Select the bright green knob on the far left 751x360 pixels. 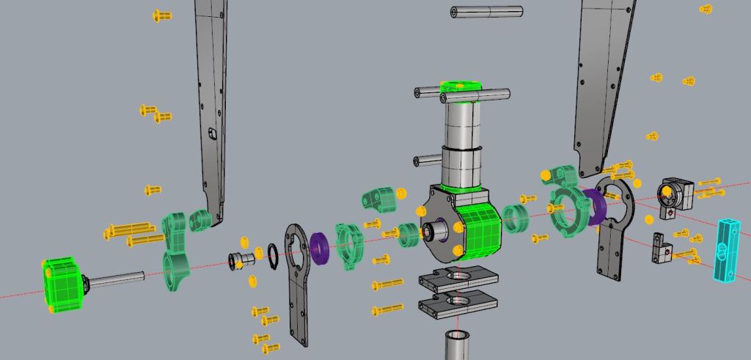click(x=64, y=285)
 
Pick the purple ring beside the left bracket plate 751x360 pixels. click(x=319, y=247)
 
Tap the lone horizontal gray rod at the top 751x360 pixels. click(x=487, y=12)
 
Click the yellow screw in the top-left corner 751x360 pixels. click(x=162, y=15)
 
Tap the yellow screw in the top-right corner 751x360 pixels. click(x=706, y=9)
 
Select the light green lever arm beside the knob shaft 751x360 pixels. click(x=176, y=246)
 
